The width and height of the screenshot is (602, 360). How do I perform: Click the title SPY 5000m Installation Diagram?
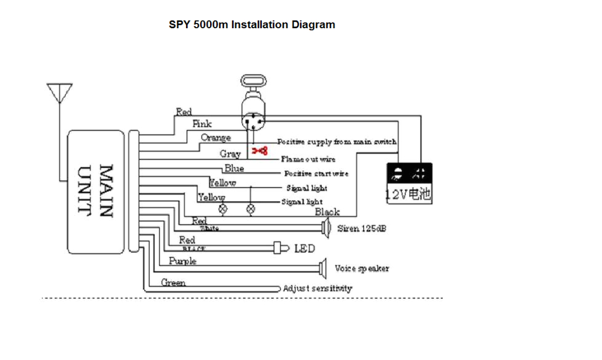coord(252,25)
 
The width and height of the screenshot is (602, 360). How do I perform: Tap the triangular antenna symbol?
coord(59,94)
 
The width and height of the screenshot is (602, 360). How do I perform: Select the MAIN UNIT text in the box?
coord(96,191)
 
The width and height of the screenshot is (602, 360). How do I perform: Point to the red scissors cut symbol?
coord(260,151)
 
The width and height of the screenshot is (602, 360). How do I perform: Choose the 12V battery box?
coord(409,184)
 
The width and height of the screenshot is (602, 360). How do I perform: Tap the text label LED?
coord(304,249)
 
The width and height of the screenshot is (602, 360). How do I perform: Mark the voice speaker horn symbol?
coord(322,268)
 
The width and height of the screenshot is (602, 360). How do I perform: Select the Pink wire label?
coord(202,124)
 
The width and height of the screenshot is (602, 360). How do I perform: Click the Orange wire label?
coord(216,138)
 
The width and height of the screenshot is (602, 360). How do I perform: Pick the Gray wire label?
coord(230,154)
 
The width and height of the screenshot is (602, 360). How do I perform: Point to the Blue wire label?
coord(234,169)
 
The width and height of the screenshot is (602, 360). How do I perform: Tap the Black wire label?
coord(327,212)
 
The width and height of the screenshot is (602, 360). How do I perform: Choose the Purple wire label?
coord(182,261)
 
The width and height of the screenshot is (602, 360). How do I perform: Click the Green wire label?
coord(174,283)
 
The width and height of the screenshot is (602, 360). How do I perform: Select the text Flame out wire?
coord(308,159)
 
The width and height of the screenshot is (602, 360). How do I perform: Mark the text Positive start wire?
coord(316,174)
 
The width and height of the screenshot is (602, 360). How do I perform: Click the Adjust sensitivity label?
coord(317,288)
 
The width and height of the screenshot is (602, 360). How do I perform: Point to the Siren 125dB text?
coord(361,228)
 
